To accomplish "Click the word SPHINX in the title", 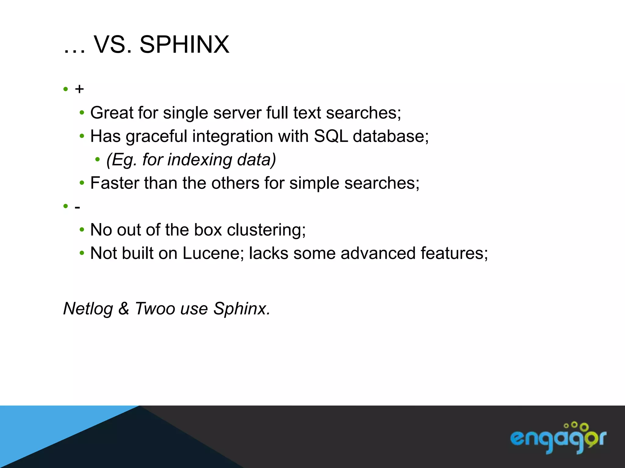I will click(184, 44).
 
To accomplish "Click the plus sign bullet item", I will click(79, 89).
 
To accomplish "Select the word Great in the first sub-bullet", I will click(112, 113).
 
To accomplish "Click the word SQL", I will click(331, 136).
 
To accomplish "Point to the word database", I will click(390, 136).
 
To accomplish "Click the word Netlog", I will click(88, 308).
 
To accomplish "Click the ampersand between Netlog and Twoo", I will click(124, 308).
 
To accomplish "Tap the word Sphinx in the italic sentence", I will click(241, 308).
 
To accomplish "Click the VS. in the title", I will click(113, 44).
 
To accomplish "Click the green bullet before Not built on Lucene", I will click(81, 253).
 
